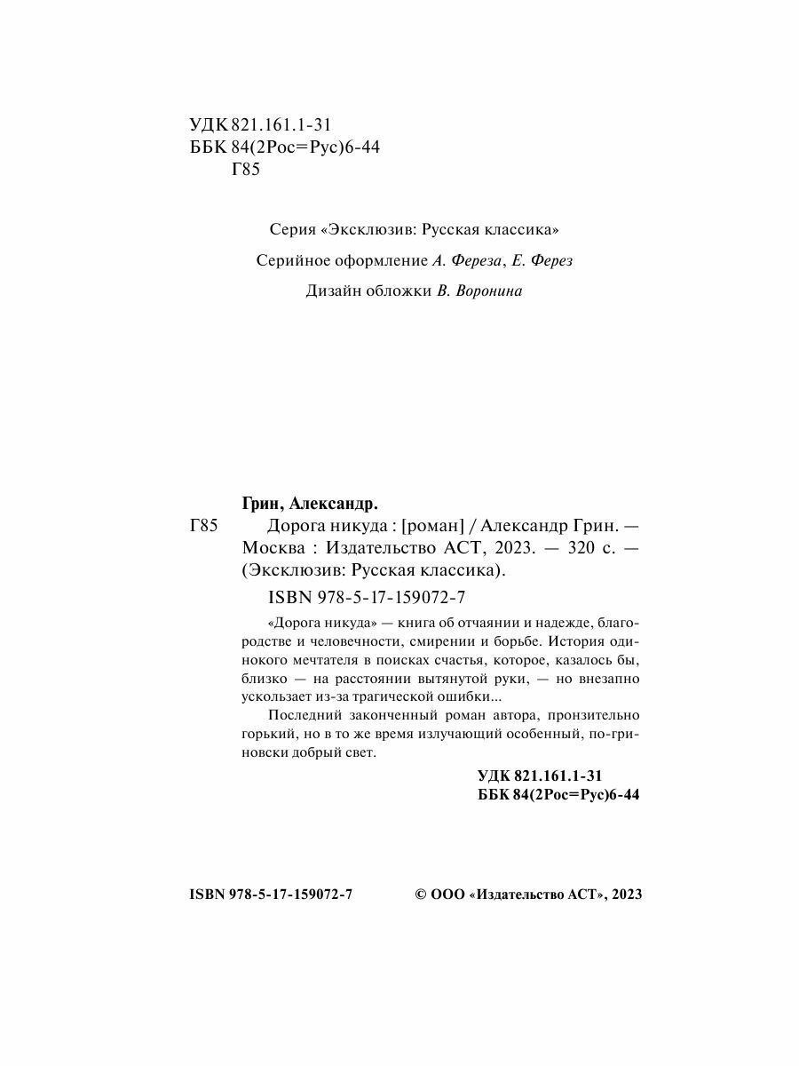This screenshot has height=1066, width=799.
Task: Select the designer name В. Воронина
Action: click(x=479, y=291)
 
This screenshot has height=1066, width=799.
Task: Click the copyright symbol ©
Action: click(x=423, y=895)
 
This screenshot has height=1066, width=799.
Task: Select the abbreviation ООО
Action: click(x=447, y=895)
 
